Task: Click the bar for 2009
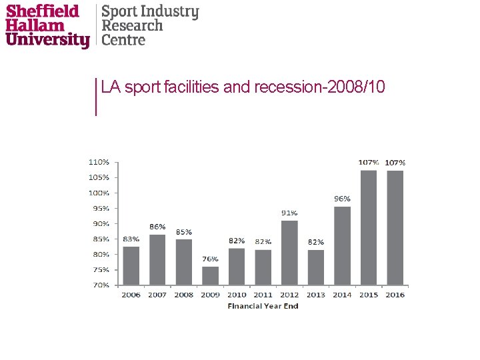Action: point(210,276)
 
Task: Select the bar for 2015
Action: point(368,227)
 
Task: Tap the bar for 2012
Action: point(289,253)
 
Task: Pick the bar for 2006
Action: point(131,265)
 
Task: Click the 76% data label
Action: point(210,259)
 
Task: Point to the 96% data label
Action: point(342,199)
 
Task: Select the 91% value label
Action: point(289,213)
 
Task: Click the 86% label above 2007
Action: point(157,227)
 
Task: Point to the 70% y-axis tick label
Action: point(100,285)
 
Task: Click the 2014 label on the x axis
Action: point(342,295)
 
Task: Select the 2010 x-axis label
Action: point(237,295)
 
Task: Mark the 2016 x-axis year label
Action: point(395,295)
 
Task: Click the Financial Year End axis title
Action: point(263,306)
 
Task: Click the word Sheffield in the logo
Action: point(42,11)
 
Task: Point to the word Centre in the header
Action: point(123,39)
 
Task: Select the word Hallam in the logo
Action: point(35,26)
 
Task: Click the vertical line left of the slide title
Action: point(97,96)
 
